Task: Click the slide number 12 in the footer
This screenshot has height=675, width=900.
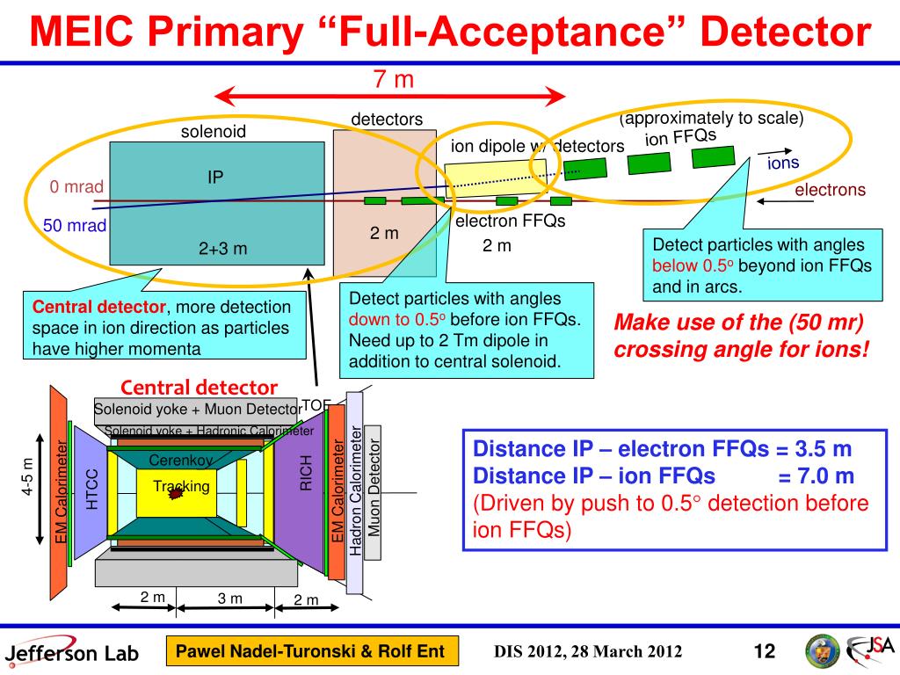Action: (x=764, y=651)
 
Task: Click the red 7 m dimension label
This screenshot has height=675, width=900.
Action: (x=393, y=79)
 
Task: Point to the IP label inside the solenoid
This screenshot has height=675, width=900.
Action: (x=215, y=178)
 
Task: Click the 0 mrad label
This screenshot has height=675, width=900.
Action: (x=76, y=186)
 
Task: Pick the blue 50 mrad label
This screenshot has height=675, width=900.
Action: (x=75, y=226)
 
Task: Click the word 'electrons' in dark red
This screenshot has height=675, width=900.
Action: (x=830, y=190)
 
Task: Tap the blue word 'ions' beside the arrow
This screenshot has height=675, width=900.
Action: (x=783, y=163)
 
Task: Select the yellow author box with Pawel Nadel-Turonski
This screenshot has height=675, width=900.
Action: (x=313, y=651)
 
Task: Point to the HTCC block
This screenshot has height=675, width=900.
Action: (x=91, y=489)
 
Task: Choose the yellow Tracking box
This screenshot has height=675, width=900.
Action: (x=180, y=486)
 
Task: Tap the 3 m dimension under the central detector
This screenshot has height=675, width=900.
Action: (x=229, y=599)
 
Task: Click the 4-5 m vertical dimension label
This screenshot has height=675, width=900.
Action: (x=27, y=479)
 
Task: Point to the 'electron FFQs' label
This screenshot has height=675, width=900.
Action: (x=510, y=221)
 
